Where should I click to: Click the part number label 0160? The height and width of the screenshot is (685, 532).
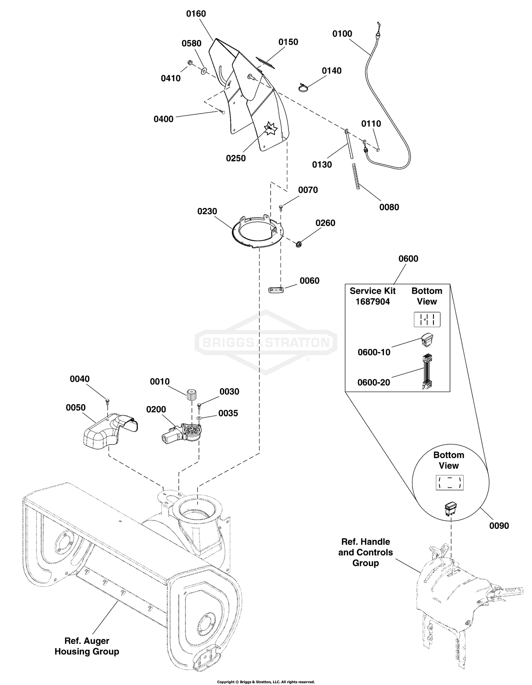pyautogui.click(x=196, y=14)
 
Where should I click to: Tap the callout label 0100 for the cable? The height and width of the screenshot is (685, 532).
pyautogui.click(x=342, y=34)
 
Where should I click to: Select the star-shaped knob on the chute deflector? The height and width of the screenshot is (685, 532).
pyautogui.click(x=270, y=128)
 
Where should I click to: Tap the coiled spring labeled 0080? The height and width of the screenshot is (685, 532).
pyautogui.click(x=357, y=176)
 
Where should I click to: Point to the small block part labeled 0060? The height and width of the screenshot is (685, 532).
pyautogui.click(x=276, y=290)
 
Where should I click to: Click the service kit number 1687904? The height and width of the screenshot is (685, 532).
pyautogui.click(x=373, y=302)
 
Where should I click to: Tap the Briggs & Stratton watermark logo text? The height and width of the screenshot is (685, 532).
pyautogui.click(x=266, y=342)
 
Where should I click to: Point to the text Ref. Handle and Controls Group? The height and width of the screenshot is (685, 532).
pyautogui.click(x=366, y=552)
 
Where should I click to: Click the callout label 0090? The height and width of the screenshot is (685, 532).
pyautogui.click(x=499, y=526)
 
